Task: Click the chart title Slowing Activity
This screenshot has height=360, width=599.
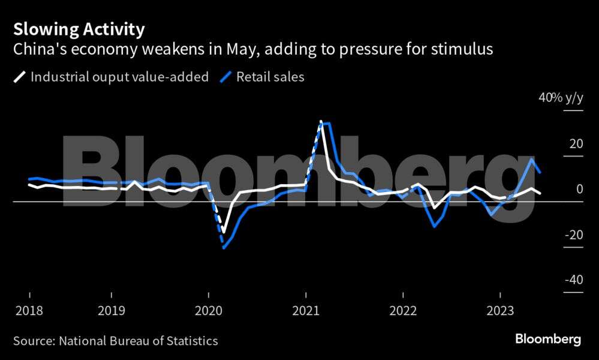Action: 79,29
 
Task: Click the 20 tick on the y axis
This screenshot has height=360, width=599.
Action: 576,144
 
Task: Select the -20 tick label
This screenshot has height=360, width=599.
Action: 574,235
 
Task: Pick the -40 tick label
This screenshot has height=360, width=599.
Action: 574,280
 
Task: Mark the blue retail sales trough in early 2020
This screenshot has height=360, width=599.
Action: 224,247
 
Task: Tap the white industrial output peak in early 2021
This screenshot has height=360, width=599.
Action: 321,122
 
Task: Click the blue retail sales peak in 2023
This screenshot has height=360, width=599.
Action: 532,159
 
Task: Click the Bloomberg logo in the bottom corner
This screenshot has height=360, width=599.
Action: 548,340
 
